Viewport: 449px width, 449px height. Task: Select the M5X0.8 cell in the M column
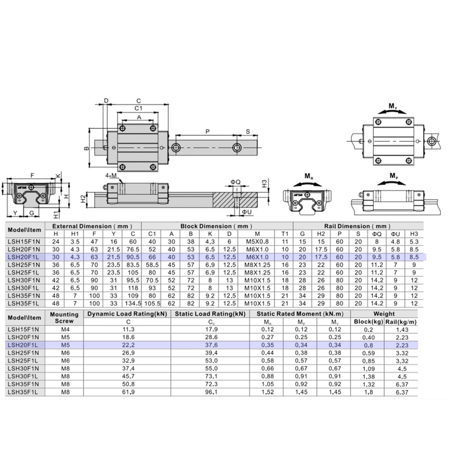(257, 242)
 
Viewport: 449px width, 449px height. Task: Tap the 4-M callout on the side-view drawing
(110, 175)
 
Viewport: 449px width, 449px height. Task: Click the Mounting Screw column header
(64, 317)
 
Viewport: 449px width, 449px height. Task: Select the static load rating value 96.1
(211, 392)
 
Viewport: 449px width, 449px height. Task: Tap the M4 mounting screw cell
(64, 329)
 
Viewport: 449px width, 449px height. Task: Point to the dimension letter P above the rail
(207, 131)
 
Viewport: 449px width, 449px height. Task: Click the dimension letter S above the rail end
(248, 131)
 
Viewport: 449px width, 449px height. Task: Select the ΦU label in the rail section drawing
(247, 211)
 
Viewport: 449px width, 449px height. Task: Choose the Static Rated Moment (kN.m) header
(299, 314)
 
